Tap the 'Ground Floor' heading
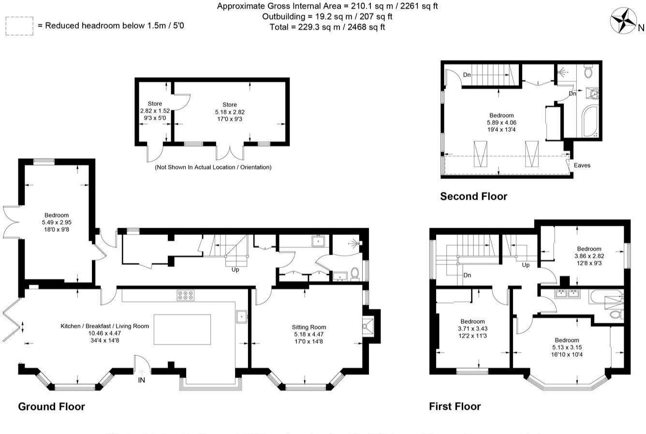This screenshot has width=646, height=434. pyautogui.click(x=51, y=406)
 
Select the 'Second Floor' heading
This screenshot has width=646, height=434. pyautogui.click(x=473, y=196)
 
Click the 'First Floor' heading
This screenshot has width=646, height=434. pyautogui.click(x=455, y=406)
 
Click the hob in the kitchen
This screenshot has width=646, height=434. pyautogui.click(x=185, y=295)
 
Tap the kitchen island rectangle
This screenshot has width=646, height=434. pyautogui.click(x=182, y=329)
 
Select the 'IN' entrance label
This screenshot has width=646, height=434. pyautogui.click(x=142, y=380)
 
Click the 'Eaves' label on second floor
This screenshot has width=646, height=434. pyautogui.click(x=582, y=165)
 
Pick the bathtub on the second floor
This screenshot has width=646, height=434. pyautogui.click(x=591, y=120)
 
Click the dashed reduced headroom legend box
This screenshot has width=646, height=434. pyautogui.click(x=19, y=26)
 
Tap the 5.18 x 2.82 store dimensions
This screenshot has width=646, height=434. pyautogui.click(x=230, y=112)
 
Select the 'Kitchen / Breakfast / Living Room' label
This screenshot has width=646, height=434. pyautogui.click(x=104, y=326)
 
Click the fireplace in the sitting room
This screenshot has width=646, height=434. pyautogui.click(x=368, y=327)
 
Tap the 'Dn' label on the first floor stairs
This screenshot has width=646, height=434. pyautogui.click(x=467, y=275)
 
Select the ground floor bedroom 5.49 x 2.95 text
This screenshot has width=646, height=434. pyautogui.click(x=57, y=222)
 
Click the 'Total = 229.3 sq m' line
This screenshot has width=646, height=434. pyautogui.click(x=327, y=27)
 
